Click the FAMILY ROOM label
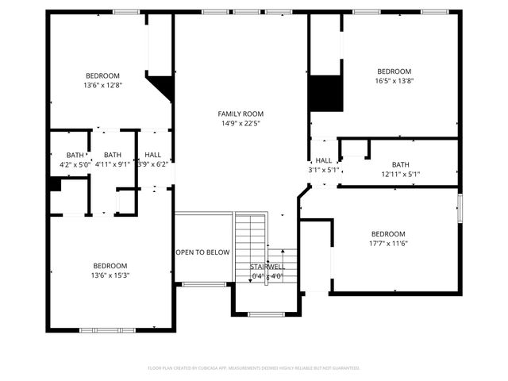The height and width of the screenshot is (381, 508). (x=241, y=114)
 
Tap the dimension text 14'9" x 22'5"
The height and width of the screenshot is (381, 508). (x=241, y=123)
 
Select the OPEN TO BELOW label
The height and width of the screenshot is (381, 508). (x=202, y=252)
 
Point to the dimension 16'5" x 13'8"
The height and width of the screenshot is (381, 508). (x=394, y=80)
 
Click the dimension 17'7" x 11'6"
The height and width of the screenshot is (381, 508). (x=388, y=244)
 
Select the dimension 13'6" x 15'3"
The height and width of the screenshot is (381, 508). (x=110, y=275)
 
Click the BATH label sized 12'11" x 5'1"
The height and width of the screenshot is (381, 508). (x=400, y=164)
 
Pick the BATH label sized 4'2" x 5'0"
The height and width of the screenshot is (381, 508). (x=75, y=155)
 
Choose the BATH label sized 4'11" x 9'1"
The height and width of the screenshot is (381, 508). (x=112, y=155)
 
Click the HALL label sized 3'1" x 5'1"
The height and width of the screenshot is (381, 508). (x=323, y=160)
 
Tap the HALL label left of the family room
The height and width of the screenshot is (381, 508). (x=153, y=155)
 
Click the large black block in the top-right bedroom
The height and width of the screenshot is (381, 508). (x=325, y=94)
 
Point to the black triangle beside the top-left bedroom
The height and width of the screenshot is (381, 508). (x=164, y=86)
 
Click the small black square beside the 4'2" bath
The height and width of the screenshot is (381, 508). (x=55, y=184)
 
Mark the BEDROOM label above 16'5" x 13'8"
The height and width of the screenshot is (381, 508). (x=394, y=71)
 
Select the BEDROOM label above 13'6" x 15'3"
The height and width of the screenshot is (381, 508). (x=110, y=266)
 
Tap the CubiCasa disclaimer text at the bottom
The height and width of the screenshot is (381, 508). (x=254, y=368)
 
